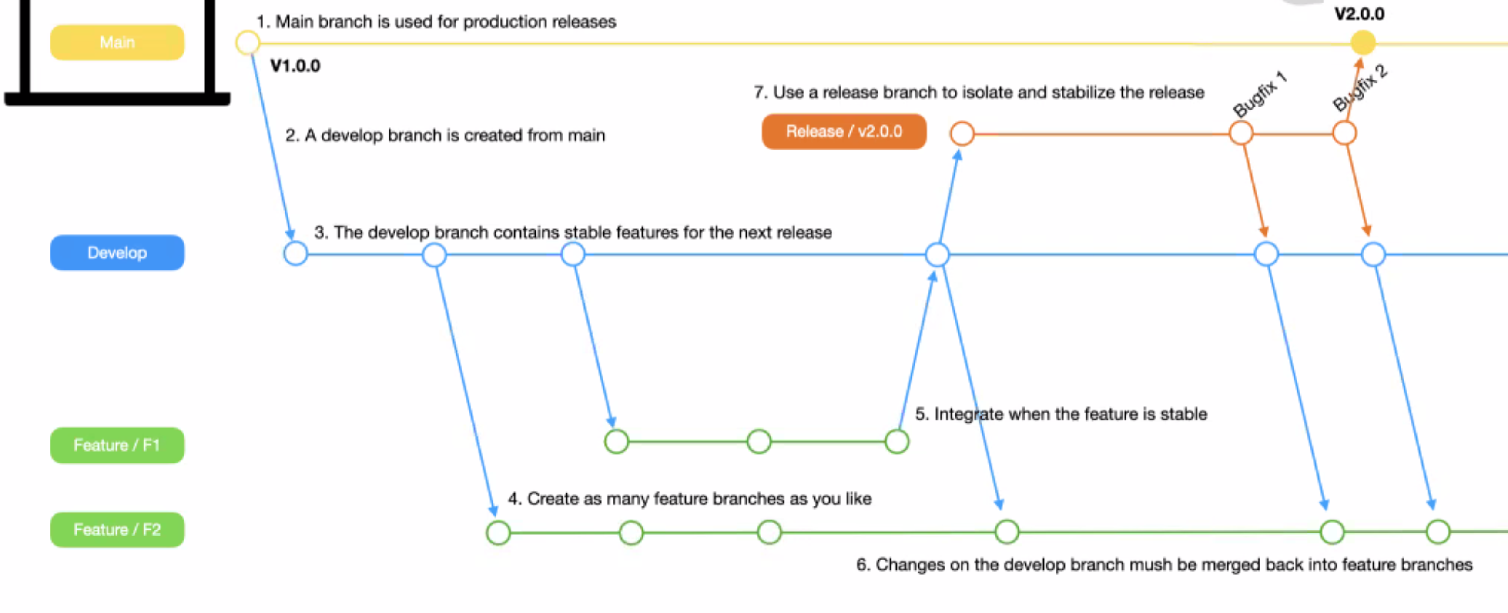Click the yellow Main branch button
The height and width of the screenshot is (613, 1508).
point(117,42)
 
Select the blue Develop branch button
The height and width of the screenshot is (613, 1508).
point(117,253)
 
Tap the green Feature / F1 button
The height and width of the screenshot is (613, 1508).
point(117,445)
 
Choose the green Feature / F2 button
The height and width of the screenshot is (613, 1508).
point(117,530)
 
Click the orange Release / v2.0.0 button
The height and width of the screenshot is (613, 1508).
point(844,132)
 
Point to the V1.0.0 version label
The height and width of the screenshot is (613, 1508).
point(295,66)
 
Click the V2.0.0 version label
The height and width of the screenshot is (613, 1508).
point(1359,14)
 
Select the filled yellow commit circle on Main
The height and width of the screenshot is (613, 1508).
point(1363,43)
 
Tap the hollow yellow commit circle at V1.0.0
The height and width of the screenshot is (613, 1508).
point(248,43)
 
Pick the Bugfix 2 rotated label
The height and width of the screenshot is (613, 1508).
point(1360,88)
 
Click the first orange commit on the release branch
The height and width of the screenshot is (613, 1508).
point(962,133)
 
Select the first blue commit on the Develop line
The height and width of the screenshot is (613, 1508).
point(295,254)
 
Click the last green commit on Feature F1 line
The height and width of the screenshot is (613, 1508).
point(896,442)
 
